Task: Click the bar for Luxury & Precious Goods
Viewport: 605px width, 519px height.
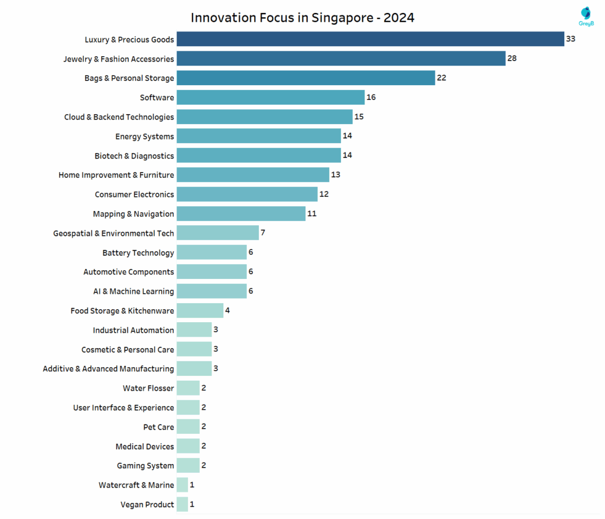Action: tap(370, 39)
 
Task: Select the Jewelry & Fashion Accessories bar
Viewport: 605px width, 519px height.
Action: tap(341, 59)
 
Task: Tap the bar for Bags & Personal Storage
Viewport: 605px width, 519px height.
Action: tap(305, 78)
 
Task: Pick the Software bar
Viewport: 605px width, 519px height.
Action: tap(271, 98)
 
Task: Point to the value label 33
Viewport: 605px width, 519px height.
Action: tap(570, 39)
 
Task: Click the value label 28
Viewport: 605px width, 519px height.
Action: tap(512, 59)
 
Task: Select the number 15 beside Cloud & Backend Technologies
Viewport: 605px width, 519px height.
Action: tap(359, 116)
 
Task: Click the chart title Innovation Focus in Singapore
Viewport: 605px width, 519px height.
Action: tap(302, 18)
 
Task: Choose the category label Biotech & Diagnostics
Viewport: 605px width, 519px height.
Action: tap(134, 155)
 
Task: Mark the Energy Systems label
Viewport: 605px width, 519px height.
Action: tap(145, 137)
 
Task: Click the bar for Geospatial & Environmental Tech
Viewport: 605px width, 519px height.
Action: tap(217, 233)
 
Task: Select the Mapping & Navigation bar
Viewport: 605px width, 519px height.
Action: tap(241, 213)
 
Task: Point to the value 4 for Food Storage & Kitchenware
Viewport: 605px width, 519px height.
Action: tap(227, 310)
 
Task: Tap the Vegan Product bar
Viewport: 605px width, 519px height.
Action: tap(182, 504)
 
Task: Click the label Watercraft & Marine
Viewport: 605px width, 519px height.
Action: tap(136, 485)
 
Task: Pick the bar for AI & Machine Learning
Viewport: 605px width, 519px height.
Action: tap(212, 291)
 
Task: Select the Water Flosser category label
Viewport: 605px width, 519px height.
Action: tap(148, 388)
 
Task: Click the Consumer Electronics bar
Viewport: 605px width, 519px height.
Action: tap(247, 194)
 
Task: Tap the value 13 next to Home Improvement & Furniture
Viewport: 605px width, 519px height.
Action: tap(336, 175)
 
